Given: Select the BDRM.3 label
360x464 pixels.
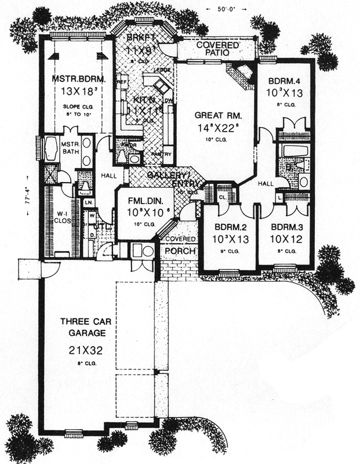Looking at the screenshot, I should tap(284, 227).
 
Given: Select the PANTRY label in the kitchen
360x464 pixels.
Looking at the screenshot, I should tap(165, 154).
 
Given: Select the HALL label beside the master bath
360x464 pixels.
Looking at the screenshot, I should tap(108, 174).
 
